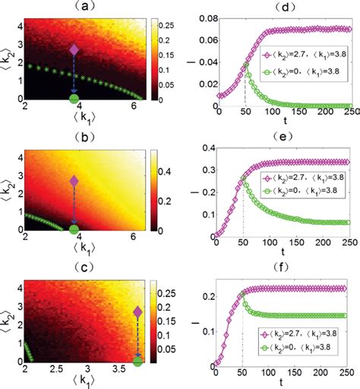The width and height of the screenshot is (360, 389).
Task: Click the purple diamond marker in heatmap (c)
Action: coord(137,312)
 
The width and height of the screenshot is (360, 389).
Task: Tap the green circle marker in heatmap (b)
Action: coord(74,229)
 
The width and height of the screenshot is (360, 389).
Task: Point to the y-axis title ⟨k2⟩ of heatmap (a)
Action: coord(8,59)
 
